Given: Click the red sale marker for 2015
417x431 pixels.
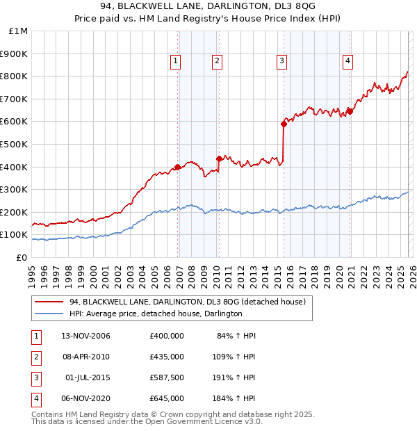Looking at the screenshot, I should click(x=284, y=124).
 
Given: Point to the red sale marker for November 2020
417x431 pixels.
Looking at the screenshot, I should click(x=350, y=111).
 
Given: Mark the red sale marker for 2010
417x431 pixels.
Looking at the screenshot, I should click(x=219, y=158).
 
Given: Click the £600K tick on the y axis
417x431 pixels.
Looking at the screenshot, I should click(x=15, y=121).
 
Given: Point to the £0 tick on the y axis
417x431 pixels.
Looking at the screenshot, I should click(x=22, y=257).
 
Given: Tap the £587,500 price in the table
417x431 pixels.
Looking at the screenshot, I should click(x=167, y=377).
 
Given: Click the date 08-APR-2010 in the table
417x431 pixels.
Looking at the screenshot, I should click(x=86, y=357).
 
